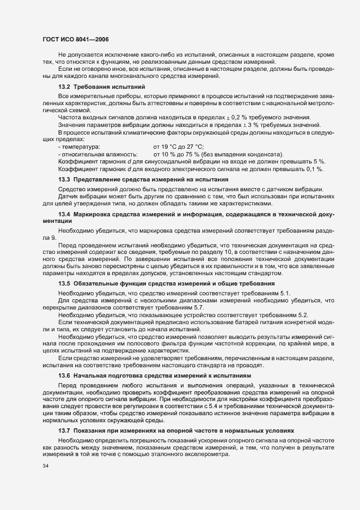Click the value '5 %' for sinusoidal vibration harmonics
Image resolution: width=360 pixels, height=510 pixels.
(320, 162)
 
